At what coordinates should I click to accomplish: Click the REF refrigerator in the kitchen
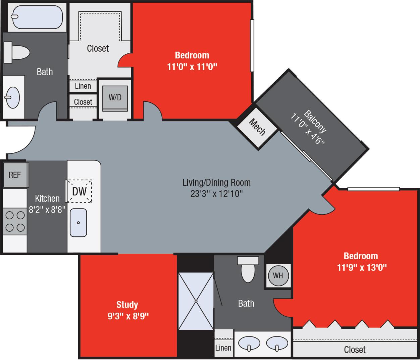(x=15, y=175)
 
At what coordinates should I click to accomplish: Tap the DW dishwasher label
(x=80, y=191)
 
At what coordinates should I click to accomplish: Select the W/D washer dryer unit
(x=115, y=98)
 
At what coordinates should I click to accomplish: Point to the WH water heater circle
(x=278, y=276)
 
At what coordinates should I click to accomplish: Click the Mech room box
(x=257, y=127)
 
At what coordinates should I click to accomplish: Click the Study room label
(x=127, y=305)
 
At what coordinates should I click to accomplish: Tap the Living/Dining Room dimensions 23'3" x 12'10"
(x=216, y=194)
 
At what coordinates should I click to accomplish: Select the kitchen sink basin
(x=78, y=222)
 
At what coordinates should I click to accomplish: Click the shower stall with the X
(x=196, y=301)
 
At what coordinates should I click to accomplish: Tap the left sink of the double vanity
(x=249, y=343)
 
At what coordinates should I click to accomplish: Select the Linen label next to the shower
(x=223, y=348)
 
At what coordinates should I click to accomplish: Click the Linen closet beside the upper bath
(x=83, y=86)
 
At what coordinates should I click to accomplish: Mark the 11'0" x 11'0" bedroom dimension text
(x=192, y=66)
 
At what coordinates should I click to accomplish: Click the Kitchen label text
(x=47, y=198)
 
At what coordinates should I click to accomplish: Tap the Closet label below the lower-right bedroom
(x=355, y=350)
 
